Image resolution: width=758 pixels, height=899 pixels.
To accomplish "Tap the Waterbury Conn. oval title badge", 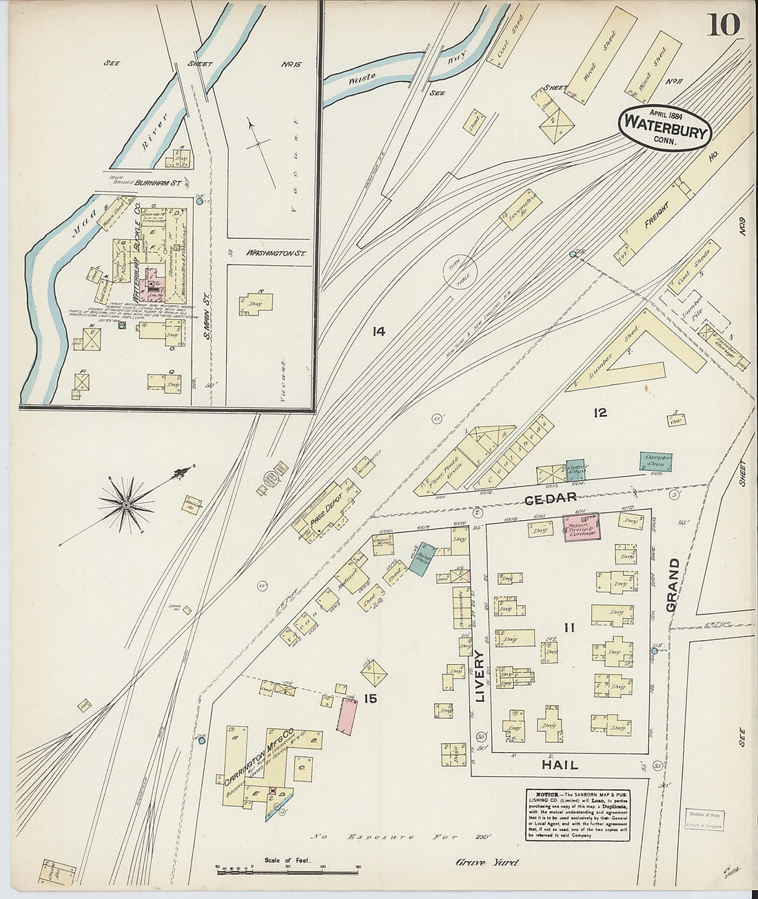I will (x=664, y=127).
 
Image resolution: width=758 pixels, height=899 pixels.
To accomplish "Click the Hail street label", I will (x=560, y=765).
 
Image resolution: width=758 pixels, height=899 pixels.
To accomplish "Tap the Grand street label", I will (x=672, y=585).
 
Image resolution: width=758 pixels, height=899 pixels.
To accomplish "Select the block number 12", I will (x=600, y=413).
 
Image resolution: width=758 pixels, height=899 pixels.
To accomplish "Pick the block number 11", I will (x=568, y=628).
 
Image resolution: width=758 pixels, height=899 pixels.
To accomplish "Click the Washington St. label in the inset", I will (x=276, y=254).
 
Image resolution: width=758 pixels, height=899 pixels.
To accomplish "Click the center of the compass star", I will (x=126, y=505).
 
